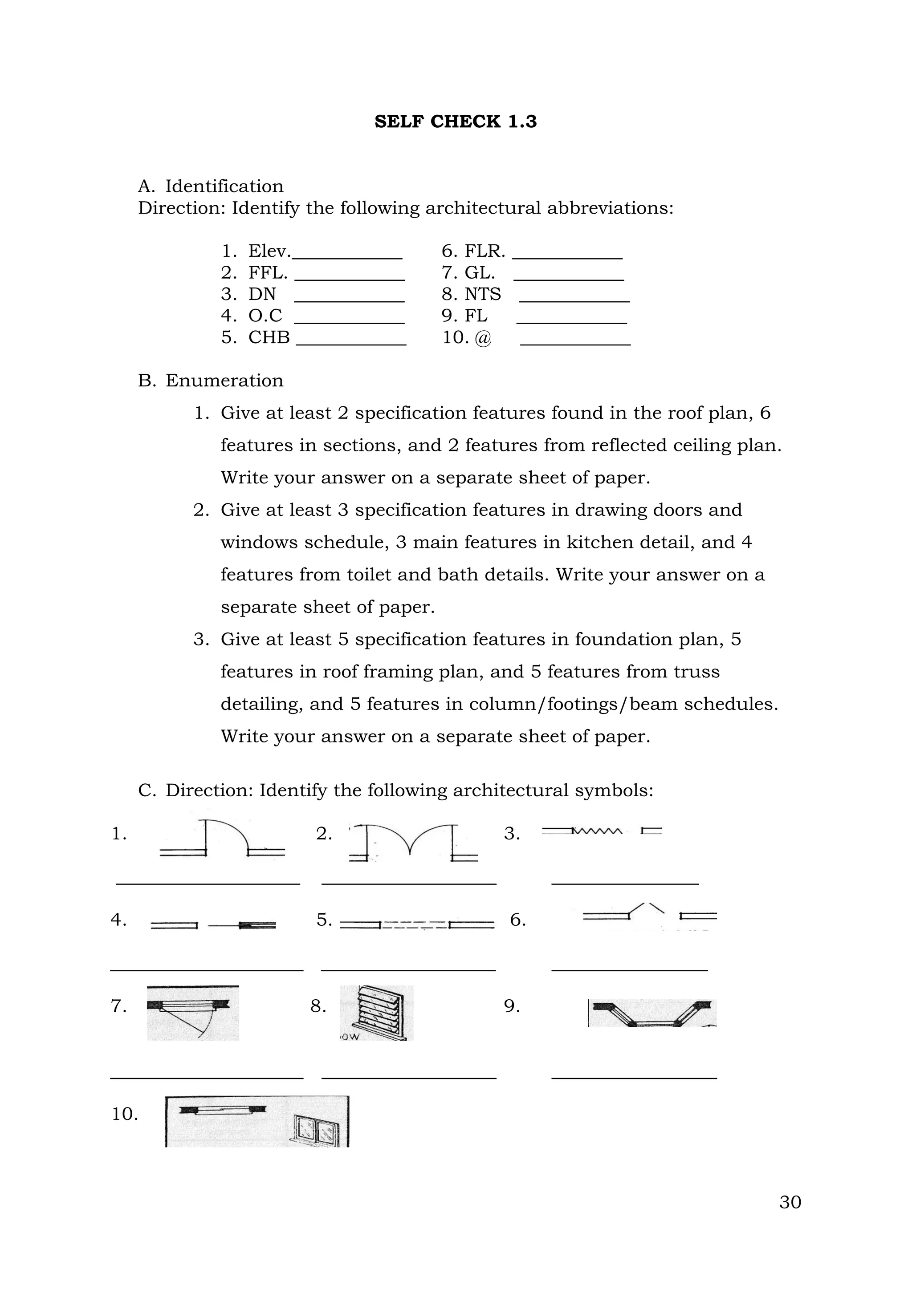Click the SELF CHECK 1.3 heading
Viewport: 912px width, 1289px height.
[456, 122]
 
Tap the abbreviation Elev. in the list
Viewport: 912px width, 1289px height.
[269, 251]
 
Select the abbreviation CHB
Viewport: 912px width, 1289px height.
[269, 337]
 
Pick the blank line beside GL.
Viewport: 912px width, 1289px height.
[568, 279]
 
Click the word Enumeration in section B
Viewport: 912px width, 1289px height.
[224, 381]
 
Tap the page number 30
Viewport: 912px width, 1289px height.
[790, 1202]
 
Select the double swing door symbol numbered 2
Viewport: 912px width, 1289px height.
[413, 841]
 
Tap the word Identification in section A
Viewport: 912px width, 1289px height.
[224, 186]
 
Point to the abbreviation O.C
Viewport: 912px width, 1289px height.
[265, 316]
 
